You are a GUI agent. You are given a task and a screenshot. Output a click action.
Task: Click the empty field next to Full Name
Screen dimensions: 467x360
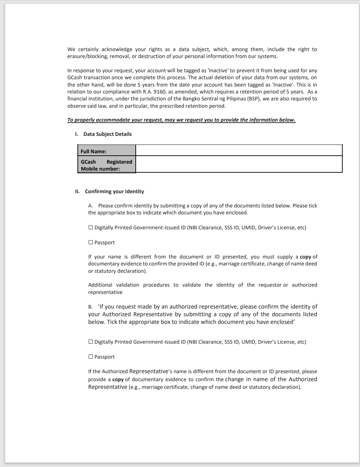pos(239,150)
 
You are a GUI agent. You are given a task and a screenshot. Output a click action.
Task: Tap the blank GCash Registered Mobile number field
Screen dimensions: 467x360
pos(239,164)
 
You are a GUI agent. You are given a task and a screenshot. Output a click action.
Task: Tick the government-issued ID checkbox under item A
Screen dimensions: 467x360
pos(91,228)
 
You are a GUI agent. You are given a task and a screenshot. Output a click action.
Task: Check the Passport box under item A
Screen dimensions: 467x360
pos(91,243)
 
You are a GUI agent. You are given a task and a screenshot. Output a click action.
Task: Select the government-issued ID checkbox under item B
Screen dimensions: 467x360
pos(91,342)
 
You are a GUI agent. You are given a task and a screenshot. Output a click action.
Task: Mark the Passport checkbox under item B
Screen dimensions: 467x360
pos(91,357)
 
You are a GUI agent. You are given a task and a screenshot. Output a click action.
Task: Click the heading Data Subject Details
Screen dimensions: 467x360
pos(107,134)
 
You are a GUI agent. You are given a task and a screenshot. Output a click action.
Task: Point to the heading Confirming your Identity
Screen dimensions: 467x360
pos(114,191)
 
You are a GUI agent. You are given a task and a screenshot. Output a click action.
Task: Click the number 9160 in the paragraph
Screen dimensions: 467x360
pos(160,92)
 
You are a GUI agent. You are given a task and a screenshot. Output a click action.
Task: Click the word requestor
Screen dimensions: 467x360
pos(270,285)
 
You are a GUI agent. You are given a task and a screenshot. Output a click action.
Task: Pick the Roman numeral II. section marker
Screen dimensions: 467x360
pos(77,191)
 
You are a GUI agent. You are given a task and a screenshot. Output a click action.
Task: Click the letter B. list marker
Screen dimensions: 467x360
pos(90,307)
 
